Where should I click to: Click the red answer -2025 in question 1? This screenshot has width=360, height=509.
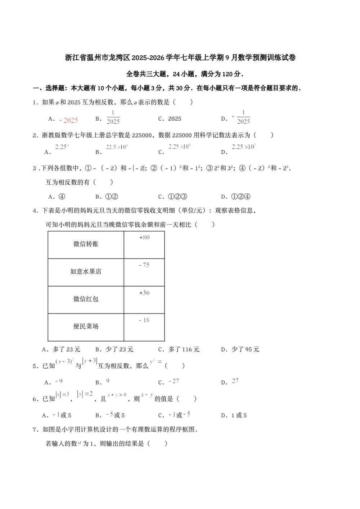tap(69, 120)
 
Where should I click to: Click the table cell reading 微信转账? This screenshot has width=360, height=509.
tap(86, 244)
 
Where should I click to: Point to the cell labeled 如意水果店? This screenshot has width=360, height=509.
tap(86, 271)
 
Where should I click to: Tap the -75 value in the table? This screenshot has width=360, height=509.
tap(144, 265)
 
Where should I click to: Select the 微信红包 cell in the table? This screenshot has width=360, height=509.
tap(86, 299)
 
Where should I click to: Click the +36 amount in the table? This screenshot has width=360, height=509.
tap(144, 293)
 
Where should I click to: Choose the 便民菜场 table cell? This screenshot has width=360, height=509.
tap(86, 326)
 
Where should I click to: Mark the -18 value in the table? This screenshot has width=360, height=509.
tap(144, 320)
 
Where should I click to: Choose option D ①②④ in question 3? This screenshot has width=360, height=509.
tap(241, 197)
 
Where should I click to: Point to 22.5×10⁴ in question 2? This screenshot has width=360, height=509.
tap(117, 147)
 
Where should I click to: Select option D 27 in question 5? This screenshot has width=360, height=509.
tap(235, 381)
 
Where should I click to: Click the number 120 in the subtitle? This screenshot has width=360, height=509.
tap(228, 74)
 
